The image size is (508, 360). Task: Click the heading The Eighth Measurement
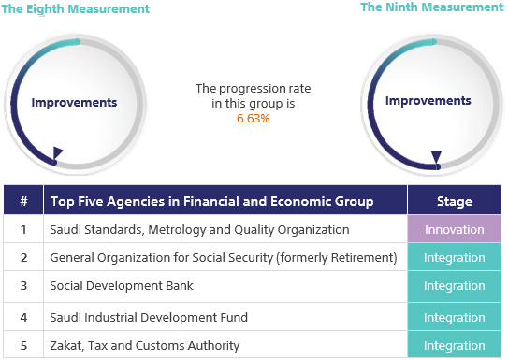click(77, 9)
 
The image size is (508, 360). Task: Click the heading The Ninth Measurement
click(431, 7)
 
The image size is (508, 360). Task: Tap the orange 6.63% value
click(253, 119)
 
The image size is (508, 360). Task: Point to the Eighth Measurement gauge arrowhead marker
click(58, 152)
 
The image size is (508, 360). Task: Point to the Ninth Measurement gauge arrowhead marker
click(435, 157)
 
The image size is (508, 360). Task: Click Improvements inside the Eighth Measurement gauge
click(74, 103)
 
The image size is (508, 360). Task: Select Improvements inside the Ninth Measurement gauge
click(428, 100)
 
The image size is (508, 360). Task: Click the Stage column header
click(455, 201)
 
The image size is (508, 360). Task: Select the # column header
click(22, 201)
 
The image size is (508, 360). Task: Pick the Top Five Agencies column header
click(211, 201)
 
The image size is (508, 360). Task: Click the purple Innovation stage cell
click(455, 229)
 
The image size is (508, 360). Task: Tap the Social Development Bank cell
click(115, 287)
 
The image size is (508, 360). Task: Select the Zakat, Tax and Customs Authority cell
click(144, 346)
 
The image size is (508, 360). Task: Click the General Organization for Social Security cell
click(224, 257)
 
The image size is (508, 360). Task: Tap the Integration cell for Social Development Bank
click(455, 287)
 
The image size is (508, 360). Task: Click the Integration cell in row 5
click(455, 346)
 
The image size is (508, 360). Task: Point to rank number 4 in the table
click(22, 318)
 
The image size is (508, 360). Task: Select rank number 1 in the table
click(22, 229)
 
